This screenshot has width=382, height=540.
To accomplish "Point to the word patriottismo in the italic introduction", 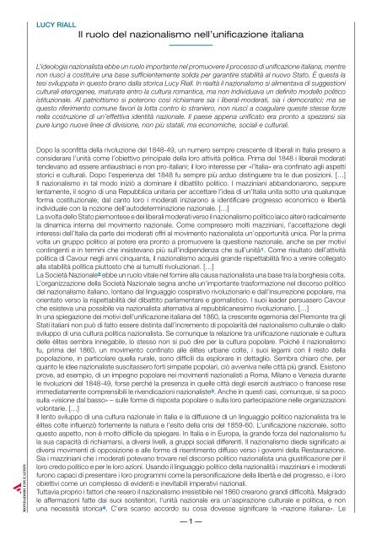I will click(80, 108).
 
